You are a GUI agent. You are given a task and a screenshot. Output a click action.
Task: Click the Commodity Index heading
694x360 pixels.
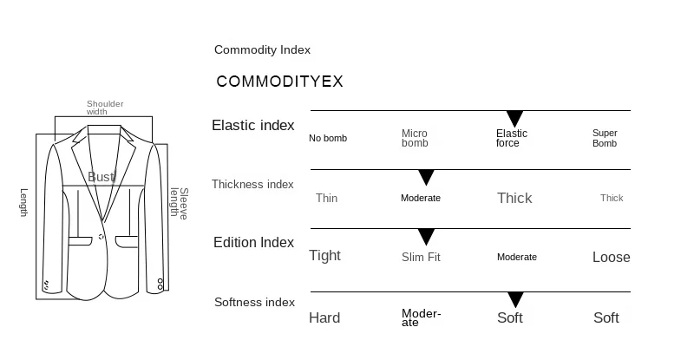click(x=262, y=50)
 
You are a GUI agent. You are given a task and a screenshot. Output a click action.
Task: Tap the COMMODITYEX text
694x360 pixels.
click(x=279, y=82)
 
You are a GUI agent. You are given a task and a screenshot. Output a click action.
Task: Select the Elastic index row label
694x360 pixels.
click(x=253, y=125)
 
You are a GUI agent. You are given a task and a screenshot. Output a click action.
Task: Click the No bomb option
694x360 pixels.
click(x=328, y=138)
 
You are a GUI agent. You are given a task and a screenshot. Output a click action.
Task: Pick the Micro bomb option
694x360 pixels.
click(x=415, y=138)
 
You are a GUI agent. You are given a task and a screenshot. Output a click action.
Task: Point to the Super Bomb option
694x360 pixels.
click(x=605, y=138)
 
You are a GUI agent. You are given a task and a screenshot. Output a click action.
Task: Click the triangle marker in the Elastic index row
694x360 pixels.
click(x=514, y=119)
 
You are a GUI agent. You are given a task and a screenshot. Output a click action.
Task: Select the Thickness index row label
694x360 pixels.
click(x=252, y=184)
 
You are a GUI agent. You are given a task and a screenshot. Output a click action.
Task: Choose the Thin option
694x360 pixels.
click(x=326, y=198)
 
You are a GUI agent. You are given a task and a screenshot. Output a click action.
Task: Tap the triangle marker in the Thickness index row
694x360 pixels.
click(x=426, y=178)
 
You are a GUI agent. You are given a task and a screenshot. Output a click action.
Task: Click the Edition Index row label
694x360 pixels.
click(x=253, y=243)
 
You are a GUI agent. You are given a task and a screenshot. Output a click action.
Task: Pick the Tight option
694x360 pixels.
click(x=325, y=255)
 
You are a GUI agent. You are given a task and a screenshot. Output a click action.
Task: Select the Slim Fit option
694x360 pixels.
click(x=421, y=257)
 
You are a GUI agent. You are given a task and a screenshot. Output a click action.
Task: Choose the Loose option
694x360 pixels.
click(x=611, y=257)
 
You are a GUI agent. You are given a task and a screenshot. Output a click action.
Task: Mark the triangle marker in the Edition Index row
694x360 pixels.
click(x=426, y=237)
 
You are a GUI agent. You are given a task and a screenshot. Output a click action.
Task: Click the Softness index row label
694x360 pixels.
click(x=254, y=302)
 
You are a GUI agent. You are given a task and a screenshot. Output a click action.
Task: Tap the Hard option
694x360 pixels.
click(x=324, y=317)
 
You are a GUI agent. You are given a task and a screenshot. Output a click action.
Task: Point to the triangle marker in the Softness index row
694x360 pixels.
click(x=516, y=300)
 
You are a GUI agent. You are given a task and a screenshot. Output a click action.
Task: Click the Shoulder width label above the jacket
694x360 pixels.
click(x=105, y=108)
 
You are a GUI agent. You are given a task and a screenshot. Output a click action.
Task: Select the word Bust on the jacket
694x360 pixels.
click(x=101, y=177)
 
